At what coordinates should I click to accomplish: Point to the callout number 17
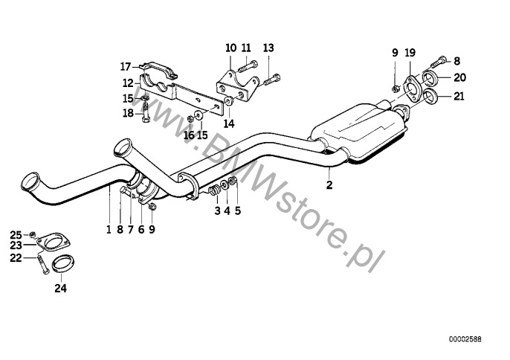pyautogui.click(x=126, y=65)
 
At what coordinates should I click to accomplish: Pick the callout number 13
pyautogui.click(x=268, y=48)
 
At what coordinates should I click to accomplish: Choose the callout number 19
pyautogui.click(x=410, y=52)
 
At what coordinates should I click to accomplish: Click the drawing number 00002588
pyautogui.click(x=465, y=338)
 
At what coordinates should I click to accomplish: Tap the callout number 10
pyautogui.click(x=230, y=48)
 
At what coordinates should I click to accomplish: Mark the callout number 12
pyautogui.click(x=128, y=83)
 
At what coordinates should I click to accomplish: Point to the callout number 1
pyautogui.click(x=108, y=230)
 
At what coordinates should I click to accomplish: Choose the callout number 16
pyautogui.click(x=189, y=135)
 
